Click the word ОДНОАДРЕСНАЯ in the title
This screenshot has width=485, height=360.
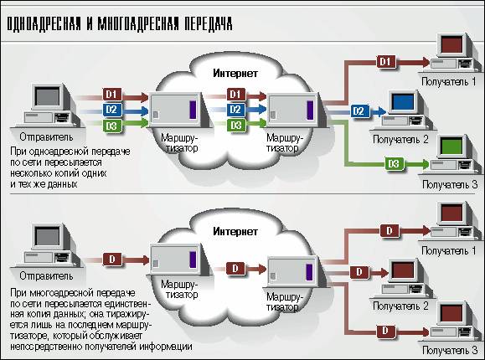pyautogui.click(x=44, y=24)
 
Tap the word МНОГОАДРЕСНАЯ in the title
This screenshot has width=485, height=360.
pyautogui.click(x=138, y=24)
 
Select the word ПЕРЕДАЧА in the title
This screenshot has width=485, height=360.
pyautogui.click(x=209, y=24)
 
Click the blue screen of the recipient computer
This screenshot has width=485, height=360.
pyautogui.click(x=402, y=102)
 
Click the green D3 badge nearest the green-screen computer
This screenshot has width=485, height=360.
pyautogui.click(x=394, y=163)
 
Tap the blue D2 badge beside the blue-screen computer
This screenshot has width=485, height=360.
pyautogui.click(x=359, y=111)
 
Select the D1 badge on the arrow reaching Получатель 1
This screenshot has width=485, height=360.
pyautogui.click(x=385, y=62)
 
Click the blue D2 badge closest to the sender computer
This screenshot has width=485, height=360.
pyautogui.click(x=111, y=110)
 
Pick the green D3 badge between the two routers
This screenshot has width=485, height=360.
pyautogui.click(x=236, y=126)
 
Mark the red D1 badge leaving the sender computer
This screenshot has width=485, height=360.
pyautogui.click(x=111, y=95)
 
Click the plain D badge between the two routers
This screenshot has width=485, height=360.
pyautogui.click(x=235, y=269)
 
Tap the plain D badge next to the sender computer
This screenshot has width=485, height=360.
pyautogui.click(x=112, y=260)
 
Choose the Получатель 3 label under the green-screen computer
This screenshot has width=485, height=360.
pyautogui.click(x=450, y=185)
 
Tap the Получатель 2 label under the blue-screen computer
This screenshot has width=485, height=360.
pyautogui.click(x=401, y=140)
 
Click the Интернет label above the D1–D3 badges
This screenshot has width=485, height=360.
pyautogui.click(x=235, y=74)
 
